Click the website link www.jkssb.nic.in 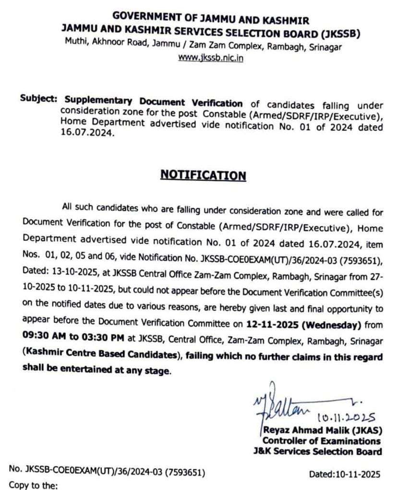pyautogui.click(x=210, y=58)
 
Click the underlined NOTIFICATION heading pyautogui.click(x=203, y=175)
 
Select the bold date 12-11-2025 pyautogui.click(x=272, y=325)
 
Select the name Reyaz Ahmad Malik pyautogui.click(x=308, y=430)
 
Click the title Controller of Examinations pyautogui.click(x=321, y=441)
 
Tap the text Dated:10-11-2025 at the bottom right pyautogui.click(x=345, y=474)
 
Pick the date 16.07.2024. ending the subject pyautogui.click(x=88, y=135)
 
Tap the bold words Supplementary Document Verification pyautogui.click(x=154, y=102)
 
